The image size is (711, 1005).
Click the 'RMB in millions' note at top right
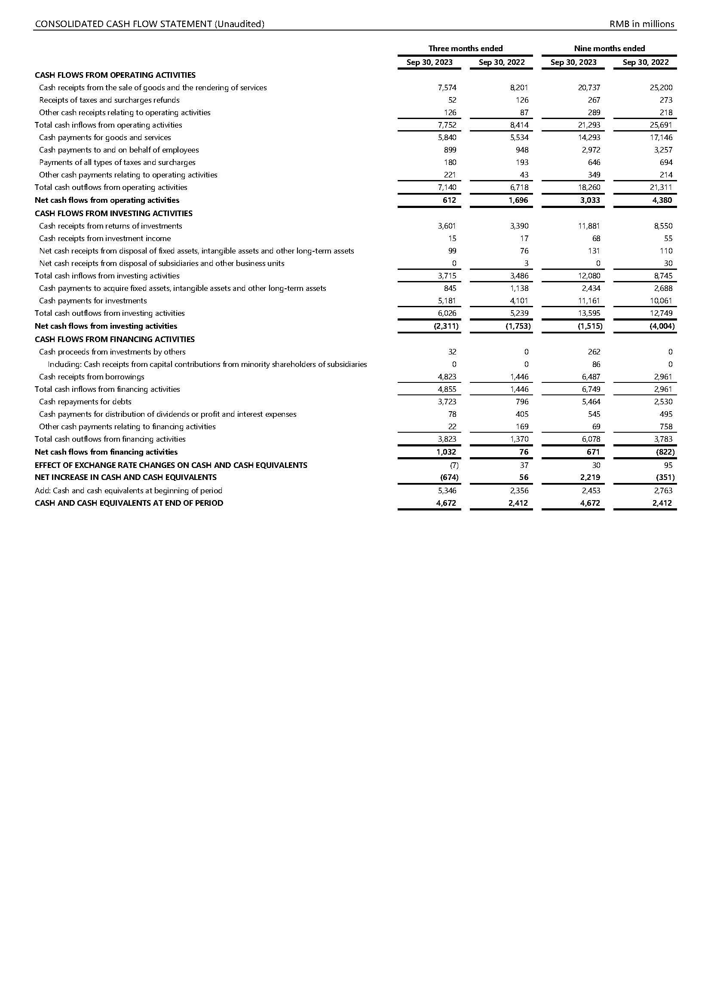(642, 24)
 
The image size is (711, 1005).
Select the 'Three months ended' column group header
(466, 49)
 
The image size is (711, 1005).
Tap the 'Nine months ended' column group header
(610, 49)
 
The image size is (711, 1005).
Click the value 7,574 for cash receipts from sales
(447, 88)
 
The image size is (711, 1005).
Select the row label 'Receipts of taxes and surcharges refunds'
(109, 100)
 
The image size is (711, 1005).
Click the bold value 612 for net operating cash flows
(449, 201)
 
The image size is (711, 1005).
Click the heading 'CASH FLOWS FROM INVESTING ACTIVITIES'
(113, 214)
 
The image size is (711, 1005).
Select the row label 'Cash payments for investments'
(93, 301)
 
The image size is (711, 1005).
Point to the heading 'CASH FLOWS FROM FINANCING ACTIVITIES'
(115, 339)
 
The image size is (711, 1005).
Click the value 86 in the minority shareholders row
(596, 365)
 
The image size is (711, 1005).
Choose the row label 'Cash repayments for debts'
(85, 402)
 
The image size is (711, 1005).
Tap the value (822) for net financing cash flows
(665, 452)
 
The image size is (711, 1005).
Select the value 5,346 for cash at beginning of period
(447, 491)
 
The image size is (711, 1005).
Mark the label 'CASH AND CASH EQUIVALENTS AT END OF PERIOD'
(129, 504)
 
